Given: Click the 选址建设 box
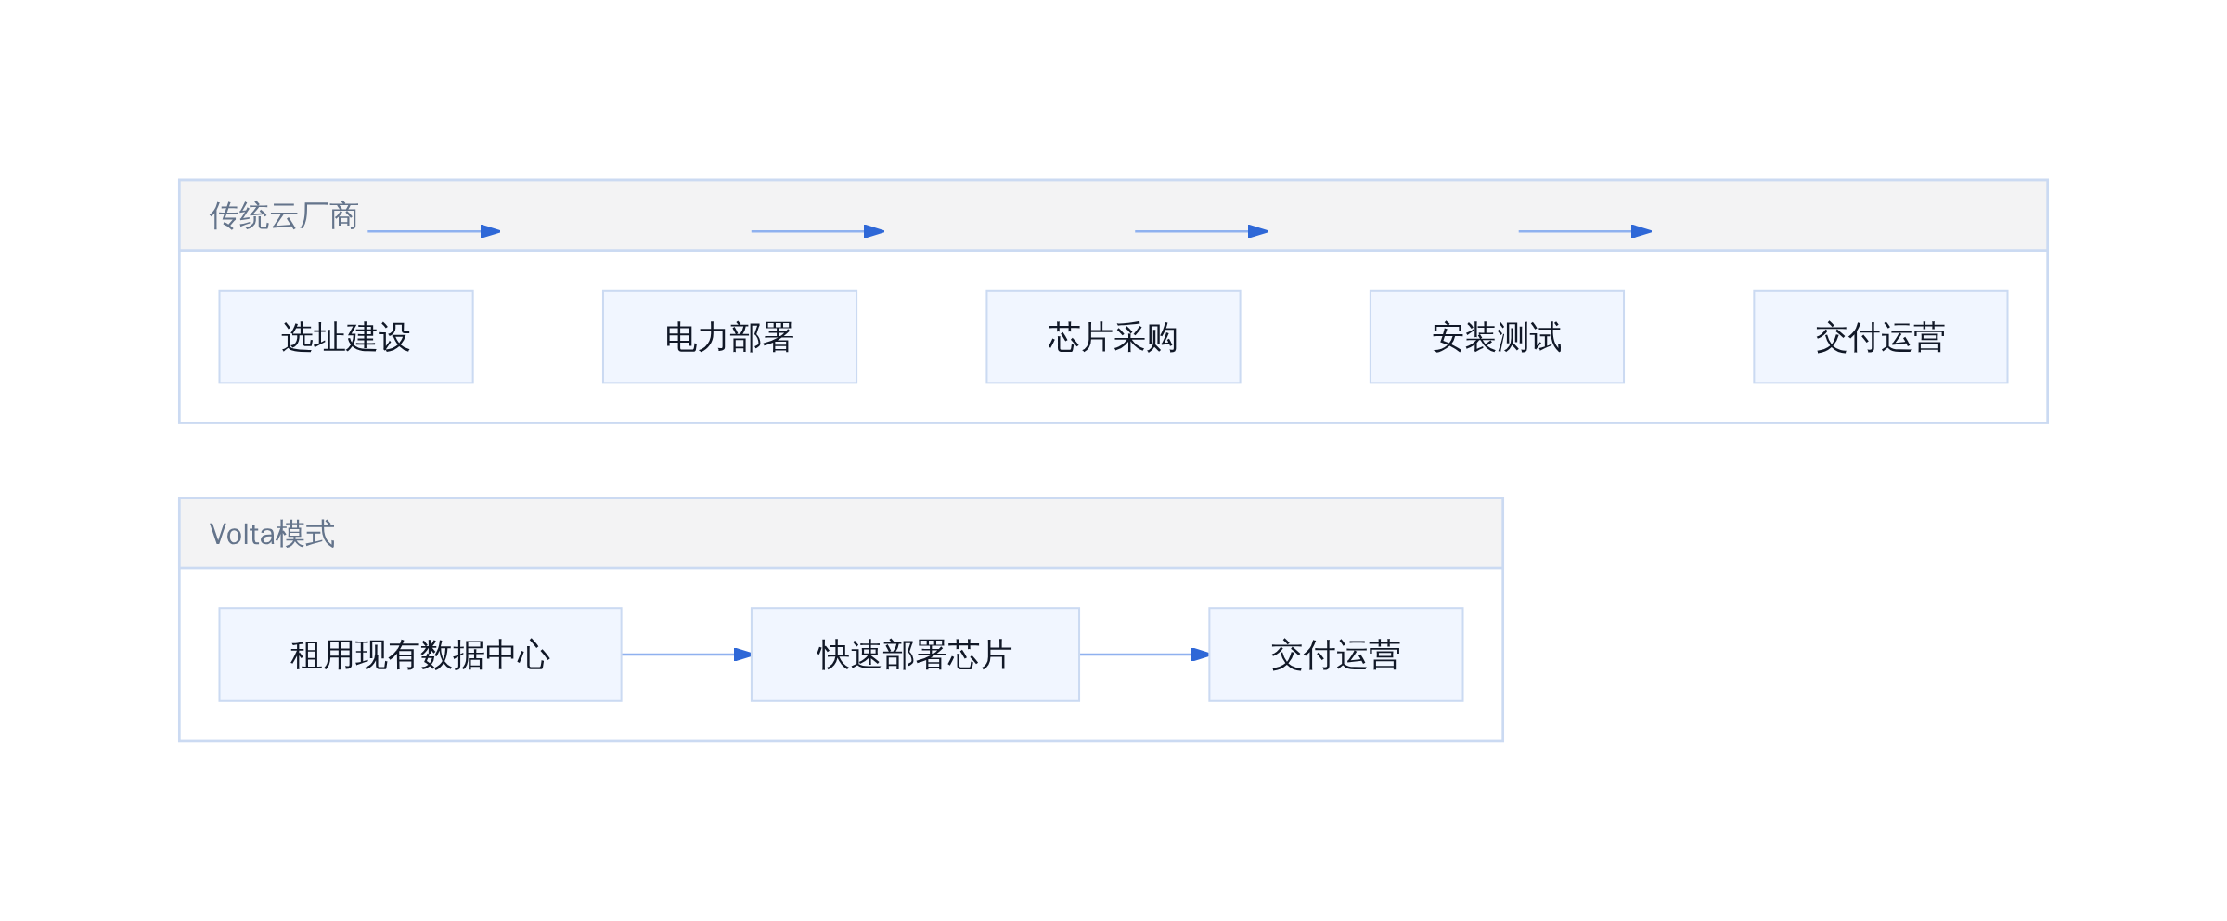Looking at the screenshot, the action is pos(346,336).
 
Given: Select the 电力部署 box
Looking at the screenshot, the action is pos(729,336).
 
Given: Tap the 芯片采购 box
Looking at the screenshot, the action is pos(1113,336).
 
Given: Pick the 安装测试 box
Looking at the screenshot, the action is pos(1497,336).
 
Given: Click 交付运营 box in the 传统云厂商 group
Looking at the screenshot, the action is pos(1881,336).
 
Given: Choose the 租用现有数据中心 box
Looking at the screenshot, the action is pos(420,655).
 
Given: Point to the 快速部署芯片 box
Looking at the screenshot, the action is pos(915,655).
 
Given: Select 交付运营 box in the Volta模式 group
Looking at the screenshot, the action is pos(1336,655).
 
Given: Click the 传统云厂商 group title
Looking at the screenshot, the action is pos(284,215).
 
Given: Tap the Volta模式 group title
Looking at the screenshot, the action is pos(272,534).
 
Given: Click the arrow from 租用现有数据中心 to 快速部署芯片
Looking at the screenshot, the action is pos(687,655).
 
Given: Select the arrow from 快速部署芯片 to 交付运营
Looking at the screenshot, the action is pos(1144,655).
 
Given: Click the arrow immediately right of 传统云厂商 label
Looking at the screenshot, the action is pos(434,231).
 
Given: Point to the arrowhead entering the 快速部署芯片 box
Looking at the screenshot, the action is pos(742,655).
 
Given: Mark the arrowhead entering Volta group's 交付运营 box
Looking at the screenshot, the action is pos(1200,655).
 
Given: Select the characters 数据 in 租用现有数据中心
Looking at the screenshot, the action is pos(453,655).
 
